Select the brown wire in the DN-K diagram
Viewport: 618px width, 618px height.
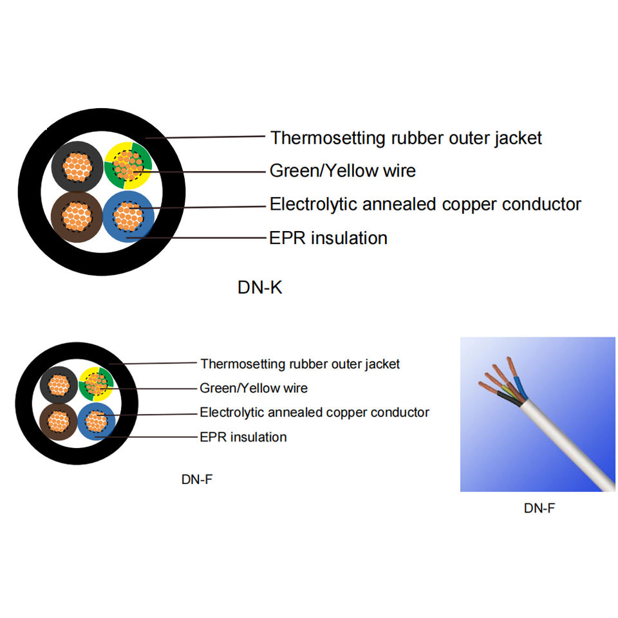pyautogui.click(x=76, y=216)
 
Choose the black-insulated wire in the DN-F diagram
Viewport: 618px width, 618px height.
pyautogui.click(x=59, y=386)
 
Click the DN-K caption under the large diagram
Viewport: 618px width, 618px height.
pyautogui.click(x=259, y=288)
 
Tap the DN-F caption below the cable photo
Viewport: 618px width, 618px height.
pyautogui.click(x=539, y=508)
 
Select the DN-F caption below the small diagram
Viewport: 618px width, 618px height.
pyautogui.click(x=197, y=480)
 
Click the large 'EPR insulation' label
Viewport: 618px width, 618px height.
pyautogui.click(x=328, y=238)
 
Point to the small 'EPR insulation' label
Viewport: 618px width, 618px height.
pyautogui.click(x=243, y=437)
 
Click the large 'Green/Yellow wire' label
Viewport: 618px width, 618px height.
pyautogui.click(x=342, y=171)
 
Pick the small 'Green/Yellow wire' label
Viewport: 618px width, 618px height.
pyautogui.click(x=254, y=388)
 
